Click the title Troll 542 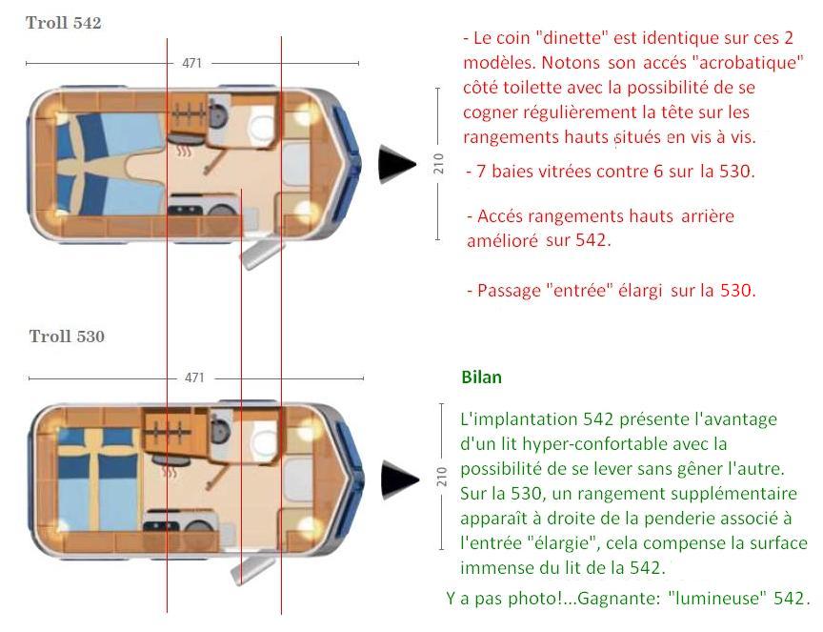(63, 24)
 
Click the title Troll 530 (67, 336)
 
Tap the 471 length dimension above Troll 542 (192, 64)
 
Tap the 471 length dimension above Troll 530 (194, 378)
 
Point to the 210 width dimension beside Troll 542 (439, 165)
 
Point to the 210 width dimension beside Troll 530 (441, 478)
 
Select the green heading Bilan (481, 377)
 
